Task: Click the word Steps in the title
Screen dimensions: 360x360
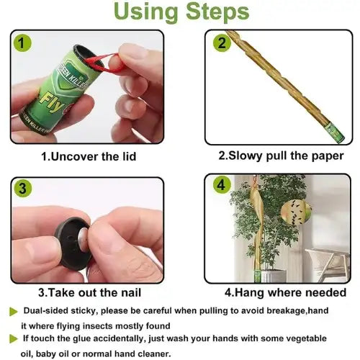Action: click(x=217, y=12)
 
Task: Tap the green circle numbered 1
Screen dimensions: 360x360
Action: click(x=22, y=43)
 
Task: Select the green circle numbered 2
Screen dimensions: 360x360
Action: click(x=222, y=43)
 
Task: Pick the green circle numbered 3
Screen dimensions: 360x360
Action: click(x=22, y=189)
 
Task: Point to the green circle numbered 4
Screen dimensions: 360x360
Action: click(x=221, y=185)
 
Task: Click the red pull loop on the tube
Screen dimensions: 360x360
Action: click(x=106, y=63)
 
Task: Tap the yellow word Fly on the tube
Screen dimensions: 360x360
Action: click(x=53, y=103)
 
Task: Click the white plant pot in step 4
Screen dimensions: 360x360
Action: click(x=273, y=275)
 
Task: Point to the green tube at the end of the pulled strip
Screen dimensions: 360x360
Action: click(x=336, y=133)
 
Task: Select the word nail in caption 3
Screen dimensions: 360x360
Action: click(x=131, y=293)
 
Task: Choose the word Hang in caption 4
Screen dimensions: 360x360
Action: click(x=248, y=293)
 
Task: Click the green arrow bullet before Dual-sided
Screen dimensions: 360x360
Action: click(x=14, y=312)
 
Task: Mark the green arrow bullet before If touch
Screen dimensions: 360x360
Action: click(x=14, y=339)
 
